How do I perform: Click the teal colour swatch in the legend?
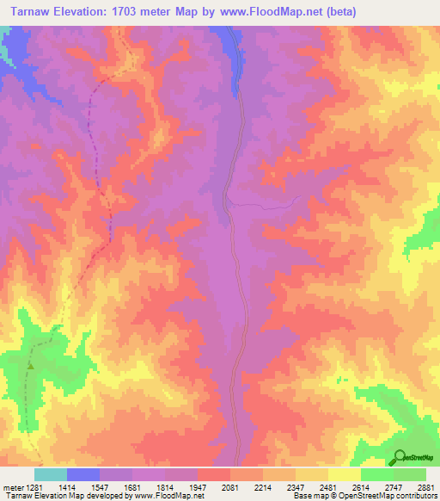point(50,474)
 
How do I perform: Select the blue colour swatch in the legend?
point(82,474)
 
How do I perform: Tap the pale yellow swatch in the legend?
point(344,474)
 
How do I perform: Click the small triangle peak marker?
point(30,366)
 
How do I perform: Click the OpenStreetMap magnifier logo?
point(400,456)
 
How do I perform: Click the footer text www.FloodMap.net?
point(174,497)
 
